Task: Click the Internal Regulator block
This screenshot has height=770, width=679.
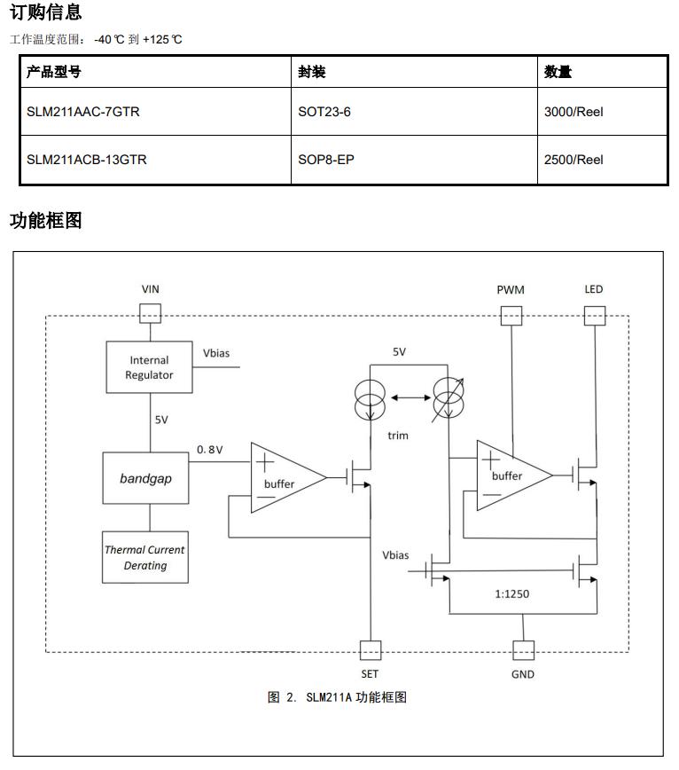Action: pyautogui.click(x=149, y=367)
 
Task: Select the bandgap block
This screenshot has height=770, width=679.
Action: pyautogui.click(x=145, y=478)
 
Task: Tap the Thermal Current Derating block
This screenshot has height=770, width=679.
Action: pyautogui.click(x=145, y=557)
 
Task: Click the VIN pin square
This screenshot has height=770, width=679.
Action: pyautogui.click(x=150, y=313)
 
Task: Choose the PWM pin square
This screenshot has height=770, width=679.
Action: pyautogui.click(x=511, y=314)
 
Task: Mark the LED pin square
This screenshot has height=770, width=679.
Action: pyautogui.click(x=593, y=314)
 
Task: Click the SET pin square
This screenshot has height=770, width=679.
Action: pyautogui.click(x=370, y=649)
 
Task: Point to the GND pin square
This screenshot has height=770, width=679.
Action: pyautogui.click(x=523, y=649)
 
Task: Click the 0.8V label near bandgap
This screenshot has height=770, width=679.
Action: pyautogui.click(x=210, y=450)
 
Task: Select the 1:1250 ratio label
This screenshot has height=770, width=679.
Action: pyautogui.click(x=511, y=593)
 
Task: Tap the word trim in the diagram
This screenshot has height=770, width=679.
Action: pyautogui.click(x=398, y=435)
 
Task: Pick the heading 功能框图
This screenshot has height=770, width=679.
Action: pyautogui.click(x=46, y=221)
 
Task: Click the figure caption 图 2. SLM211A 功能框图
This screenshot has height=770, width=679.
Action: pyautogui.click(x=337, y=697)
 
